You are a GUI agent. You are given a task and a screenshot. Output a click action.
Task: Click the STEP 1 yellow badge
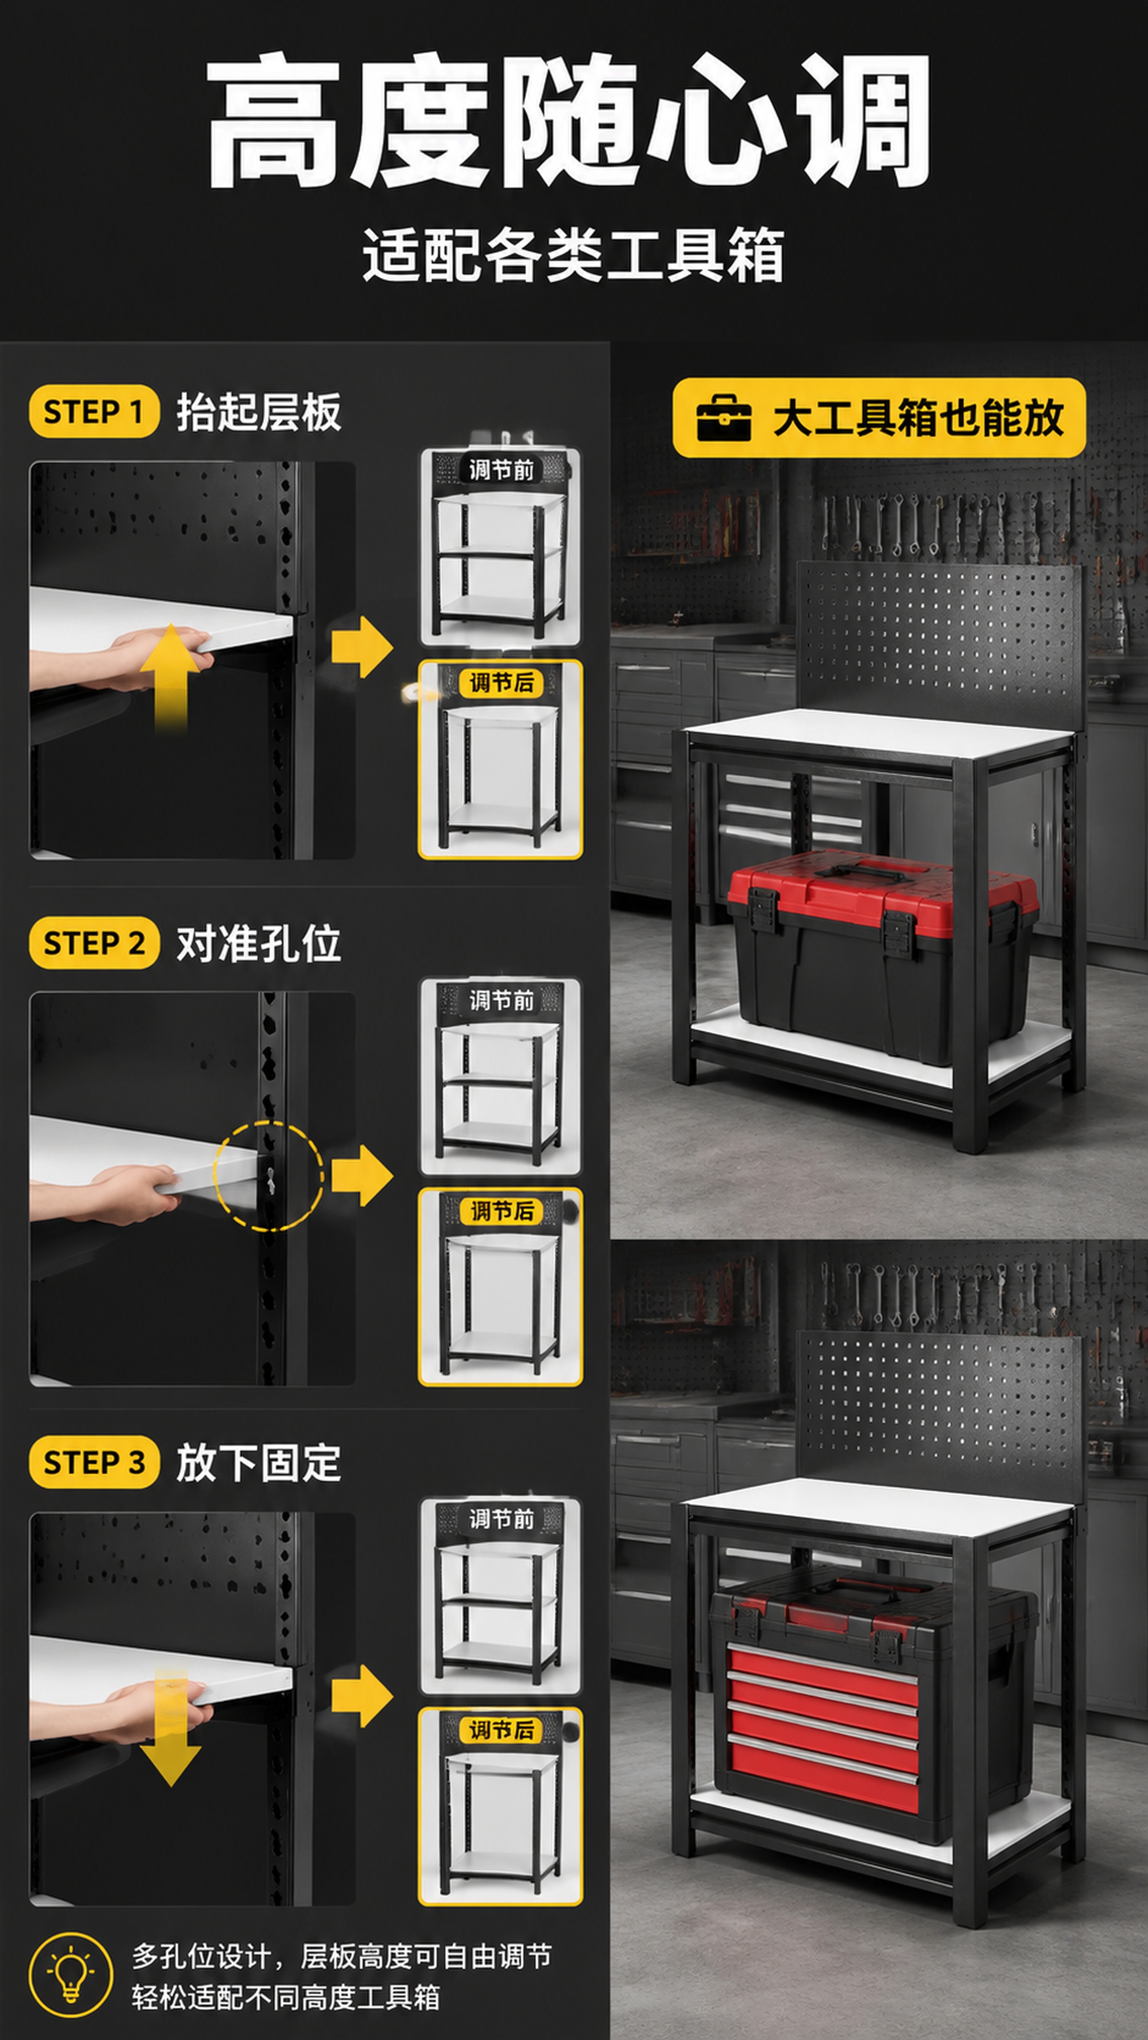click(x=94, y=412)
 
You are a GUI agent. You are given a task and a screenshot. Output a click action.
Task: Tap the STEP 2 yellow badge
click(x=94, y=943)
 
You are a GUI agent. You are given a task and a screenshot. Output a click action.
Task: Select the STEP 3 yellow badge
click(x=94, y=1462)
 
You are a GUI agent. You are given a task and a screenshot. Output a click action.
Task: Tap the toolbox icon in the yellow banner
click(x=723, y=418)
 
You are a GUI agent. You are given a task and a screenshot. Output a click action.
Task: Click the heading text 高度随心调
click(x=567, y=121)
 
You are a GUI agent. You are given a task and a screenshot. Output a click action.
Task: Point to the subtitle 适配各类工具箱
click(x=573, y=254)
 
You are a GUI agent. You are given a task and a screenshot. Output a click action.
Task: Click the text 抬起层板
click(x=258, y=412)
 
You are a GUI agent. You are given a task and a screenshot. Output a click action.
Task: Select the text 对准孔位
click(x=258, y=943)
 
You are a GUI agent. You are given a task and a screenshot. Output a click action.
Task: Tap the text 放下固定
click(x=258, y=1462)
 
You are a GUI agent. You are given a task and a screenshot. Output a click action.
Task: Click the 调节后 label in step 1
click(x=502, y=682)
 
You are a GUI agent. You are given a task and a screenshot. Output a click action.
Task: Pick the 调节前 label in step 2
click(x=502, y=1000)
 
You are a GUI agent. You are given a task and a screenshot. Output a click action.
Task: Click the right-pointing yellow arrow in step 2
click(x=362, y=1175)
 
